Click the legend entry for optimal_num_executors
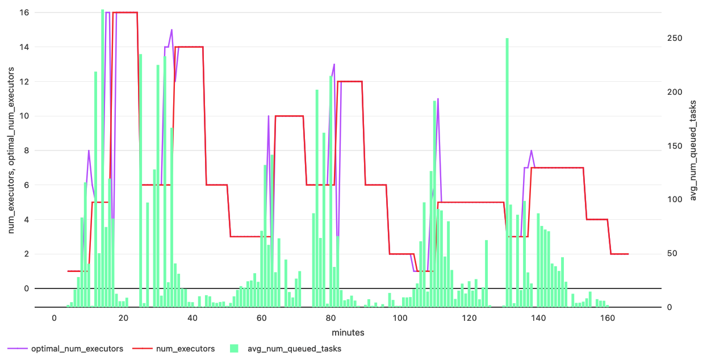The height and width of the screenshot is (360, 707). click(77, 349)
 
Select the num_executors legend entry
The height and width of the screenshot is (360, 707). click(185, 349)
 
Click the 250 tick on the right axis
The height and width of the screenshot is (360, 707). click(674, 38)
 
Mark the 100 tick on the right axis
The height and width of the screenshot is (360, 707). click(674, 199)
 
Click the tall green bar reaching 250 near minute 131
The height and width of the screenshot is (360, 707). click(507, 170)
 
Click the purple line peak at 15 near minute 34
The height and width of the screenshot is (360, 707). click(171, 30)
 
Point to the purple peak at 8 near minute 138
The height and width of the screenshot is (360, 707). click(531, 151)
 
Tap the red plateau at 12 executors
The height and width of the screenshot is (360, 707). click(350, 82)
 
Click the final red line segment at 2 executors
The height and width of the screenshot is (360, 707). click(620, 254)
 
